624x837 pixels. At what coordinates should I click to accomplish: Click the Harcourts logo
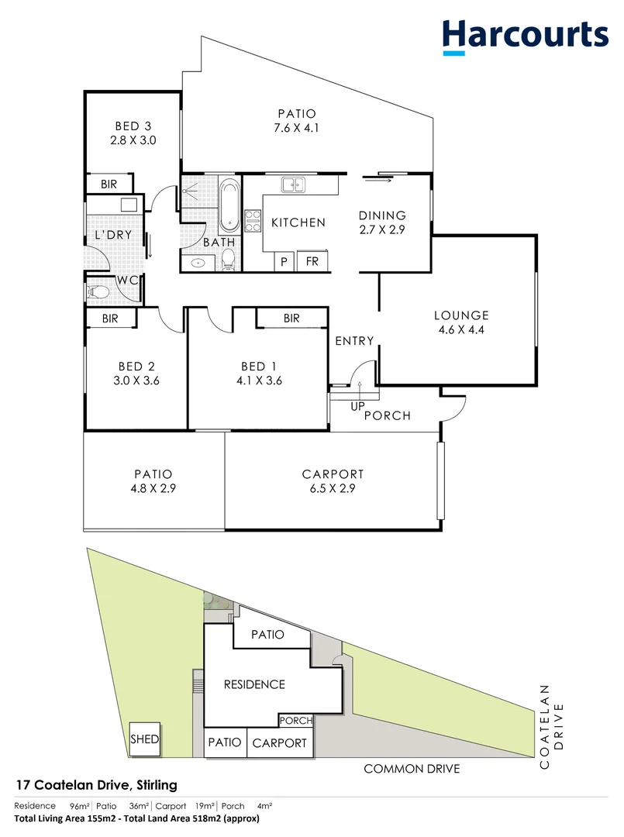click(x=525, y=36)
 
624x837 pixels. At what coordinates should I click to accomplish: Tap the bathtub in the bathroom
click(x=229, y=206)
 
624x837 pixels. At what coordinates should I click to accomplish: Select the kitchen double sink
click(x=293, y=184)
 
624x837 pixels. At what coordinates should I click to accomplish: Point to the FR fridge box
click(x=312, y=262)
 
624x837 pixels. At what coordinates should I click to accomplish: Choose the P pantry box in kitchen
click(x=284, y=262)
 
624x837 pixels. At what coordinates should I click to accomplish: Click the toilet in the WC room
click(x=98, y=292)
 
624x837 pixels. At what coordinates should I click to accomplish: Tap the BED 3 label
click(x=133, y=126)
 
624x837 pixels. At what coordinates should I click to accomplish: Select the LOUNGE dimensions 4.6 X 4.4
click(x=461, y=329)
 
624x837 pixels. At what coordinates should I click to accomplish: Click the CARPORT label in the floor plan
click(x=333, y=474)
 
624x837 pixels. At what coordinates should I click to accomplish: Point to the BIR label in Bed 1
click(x=291, y=319)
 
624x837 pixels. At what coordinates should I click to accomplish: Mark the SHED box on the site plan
click(x=145, y=739)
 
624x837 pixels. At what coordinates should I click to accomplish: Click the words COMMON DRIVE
click(x=412, y=769)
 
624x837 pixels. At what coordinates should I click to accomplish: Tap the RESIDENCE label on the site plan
click(x=254, y=684)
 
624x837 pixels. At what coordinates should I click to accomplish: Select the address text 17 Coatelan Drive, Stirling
click(x=96, y=785)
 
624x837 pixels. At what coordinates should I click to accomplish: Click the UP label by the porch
click(x=357, y=407)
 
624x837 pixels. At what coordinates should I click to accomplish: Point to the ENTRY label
click(x=354, y=341)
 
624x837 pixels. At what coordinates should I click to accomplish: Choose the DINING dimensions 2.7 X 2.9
click(x=382, y=229)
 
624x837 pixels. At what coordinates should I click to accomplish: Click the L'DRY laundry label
click(x=113, y=235)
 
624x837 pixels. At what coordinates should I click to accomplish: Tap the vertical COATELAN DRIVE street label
click(x=553, y=726)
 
